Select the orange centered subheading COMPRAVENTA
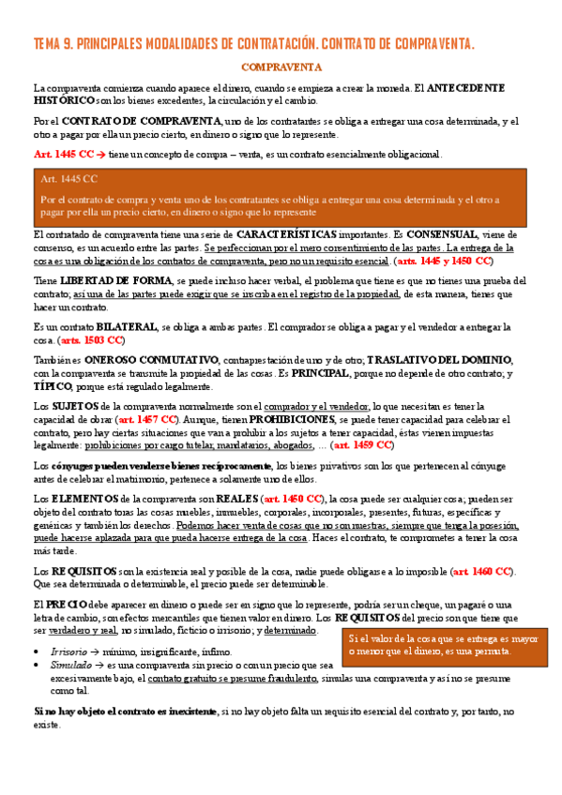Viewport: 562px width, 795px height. (x=281, y=67)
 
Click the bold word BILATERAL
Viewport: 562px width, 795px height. (x=122, y=327)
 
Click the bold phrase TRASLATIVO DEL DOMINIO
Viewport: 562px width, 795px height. (x=407, y=359)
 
